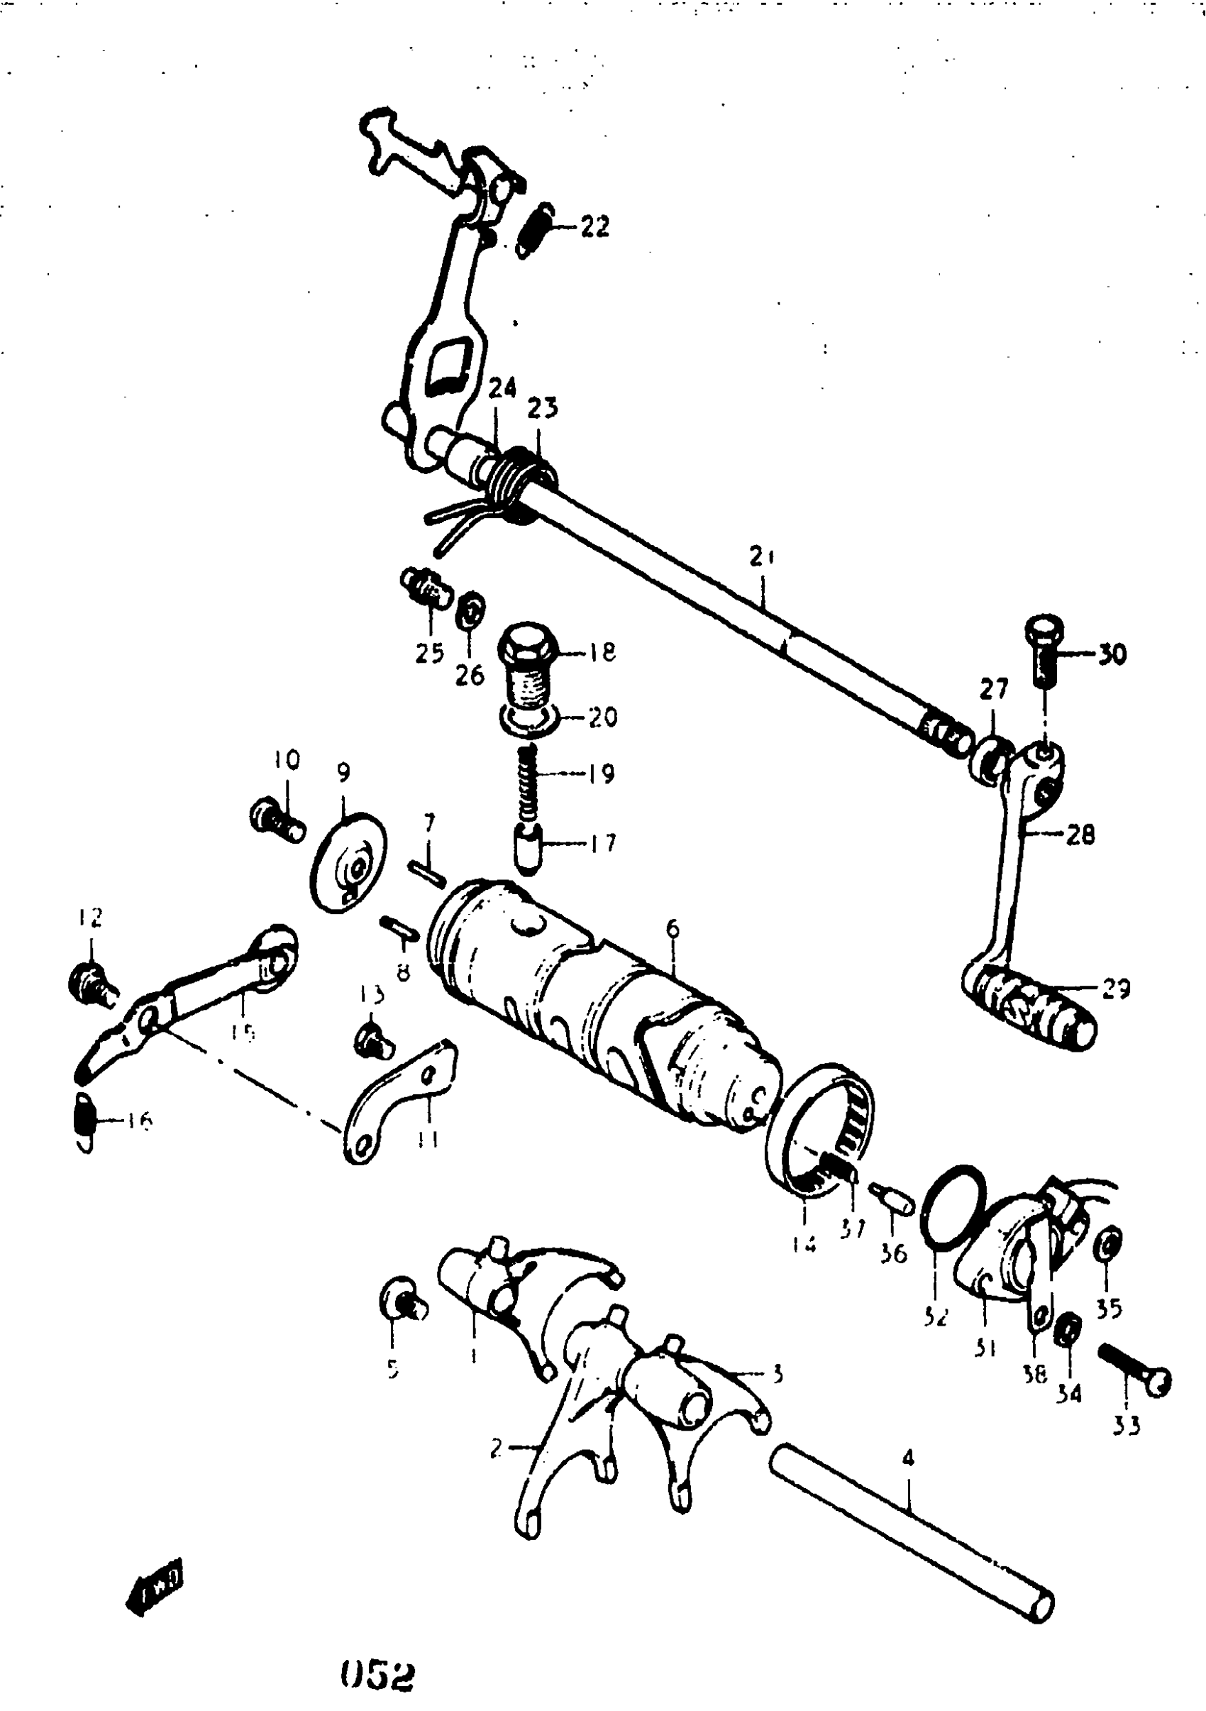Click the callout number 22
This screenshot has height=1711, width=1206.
point(594,226)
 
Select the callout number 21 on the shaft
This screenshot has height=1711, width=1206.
point(762,556)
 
